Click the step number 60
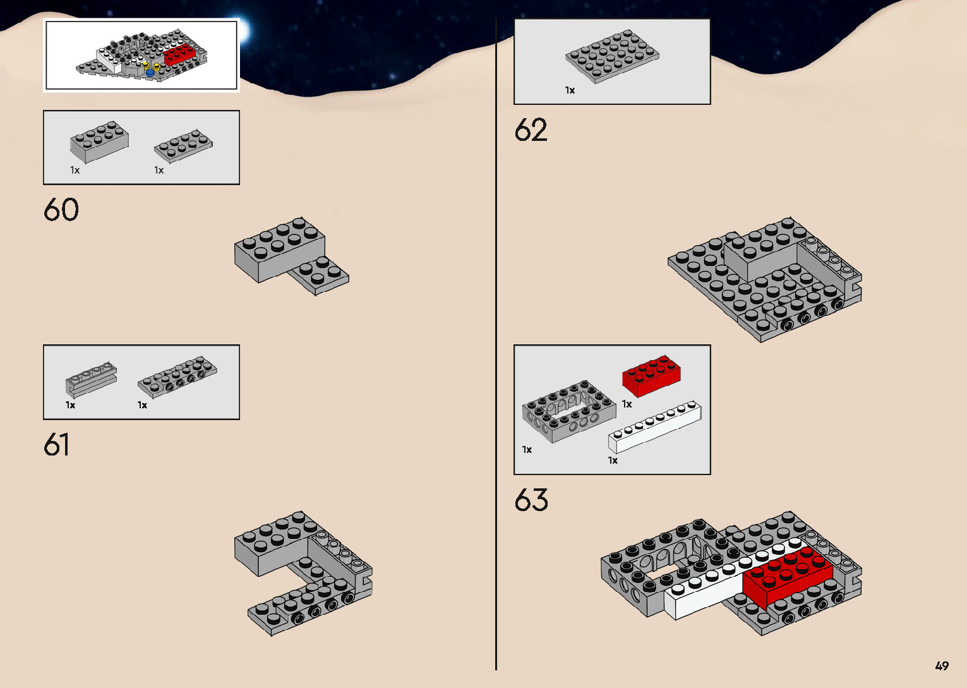61,210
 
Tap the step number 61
56,445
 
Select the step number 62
531,130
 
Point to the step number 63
531,500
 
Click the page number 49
942,666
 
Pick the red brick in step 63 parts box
651,375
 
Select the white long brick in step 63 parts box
654,426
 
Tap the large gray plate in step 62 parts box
612,56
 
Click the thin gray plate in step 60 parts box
183,145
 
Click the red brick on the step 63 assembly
786,575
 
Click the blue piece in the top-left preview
150,73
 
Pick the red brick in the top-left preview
179,55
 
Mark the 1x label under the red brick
627,404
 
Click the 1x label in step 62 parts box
570,90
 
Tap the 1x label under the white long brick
613,461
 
